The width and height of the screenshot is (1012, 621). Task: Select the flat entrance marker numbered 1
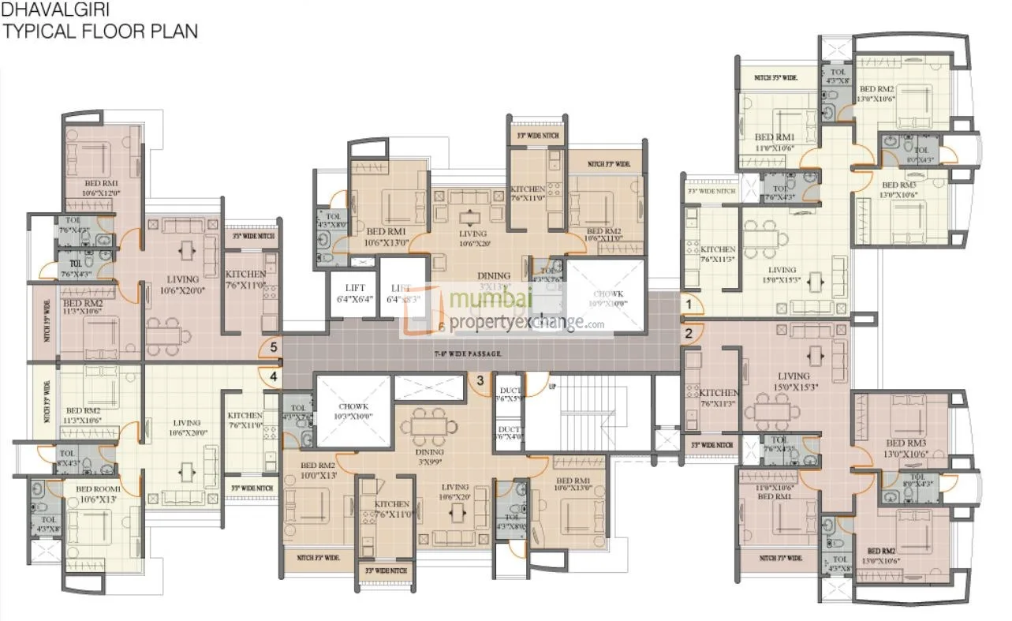click(688, 303)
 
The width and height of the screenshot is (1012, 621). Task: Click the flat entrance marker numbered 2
click(688, 333)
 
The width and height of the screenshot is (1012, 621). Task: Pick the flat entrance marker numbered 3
click(480, 382)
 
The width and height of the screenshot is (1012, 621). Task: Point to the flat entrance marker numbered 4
click(273, 377)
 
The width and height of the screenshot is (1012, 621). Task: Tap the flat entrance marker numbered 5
click(273, 346)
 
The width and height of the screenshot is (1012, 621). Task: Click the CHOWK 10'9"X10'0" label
click(607, 297)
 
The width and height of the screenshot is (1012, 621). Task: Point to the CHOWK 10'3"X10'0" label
click(353, 410)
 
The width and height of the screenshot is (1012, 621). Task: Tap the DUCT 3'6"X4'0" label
click(508, 432)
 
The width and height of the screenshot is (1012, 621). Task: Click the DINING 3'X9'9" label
click(431, 457)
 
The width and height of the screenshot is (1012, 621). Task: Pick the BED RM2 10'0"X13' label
click(318, 470)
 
